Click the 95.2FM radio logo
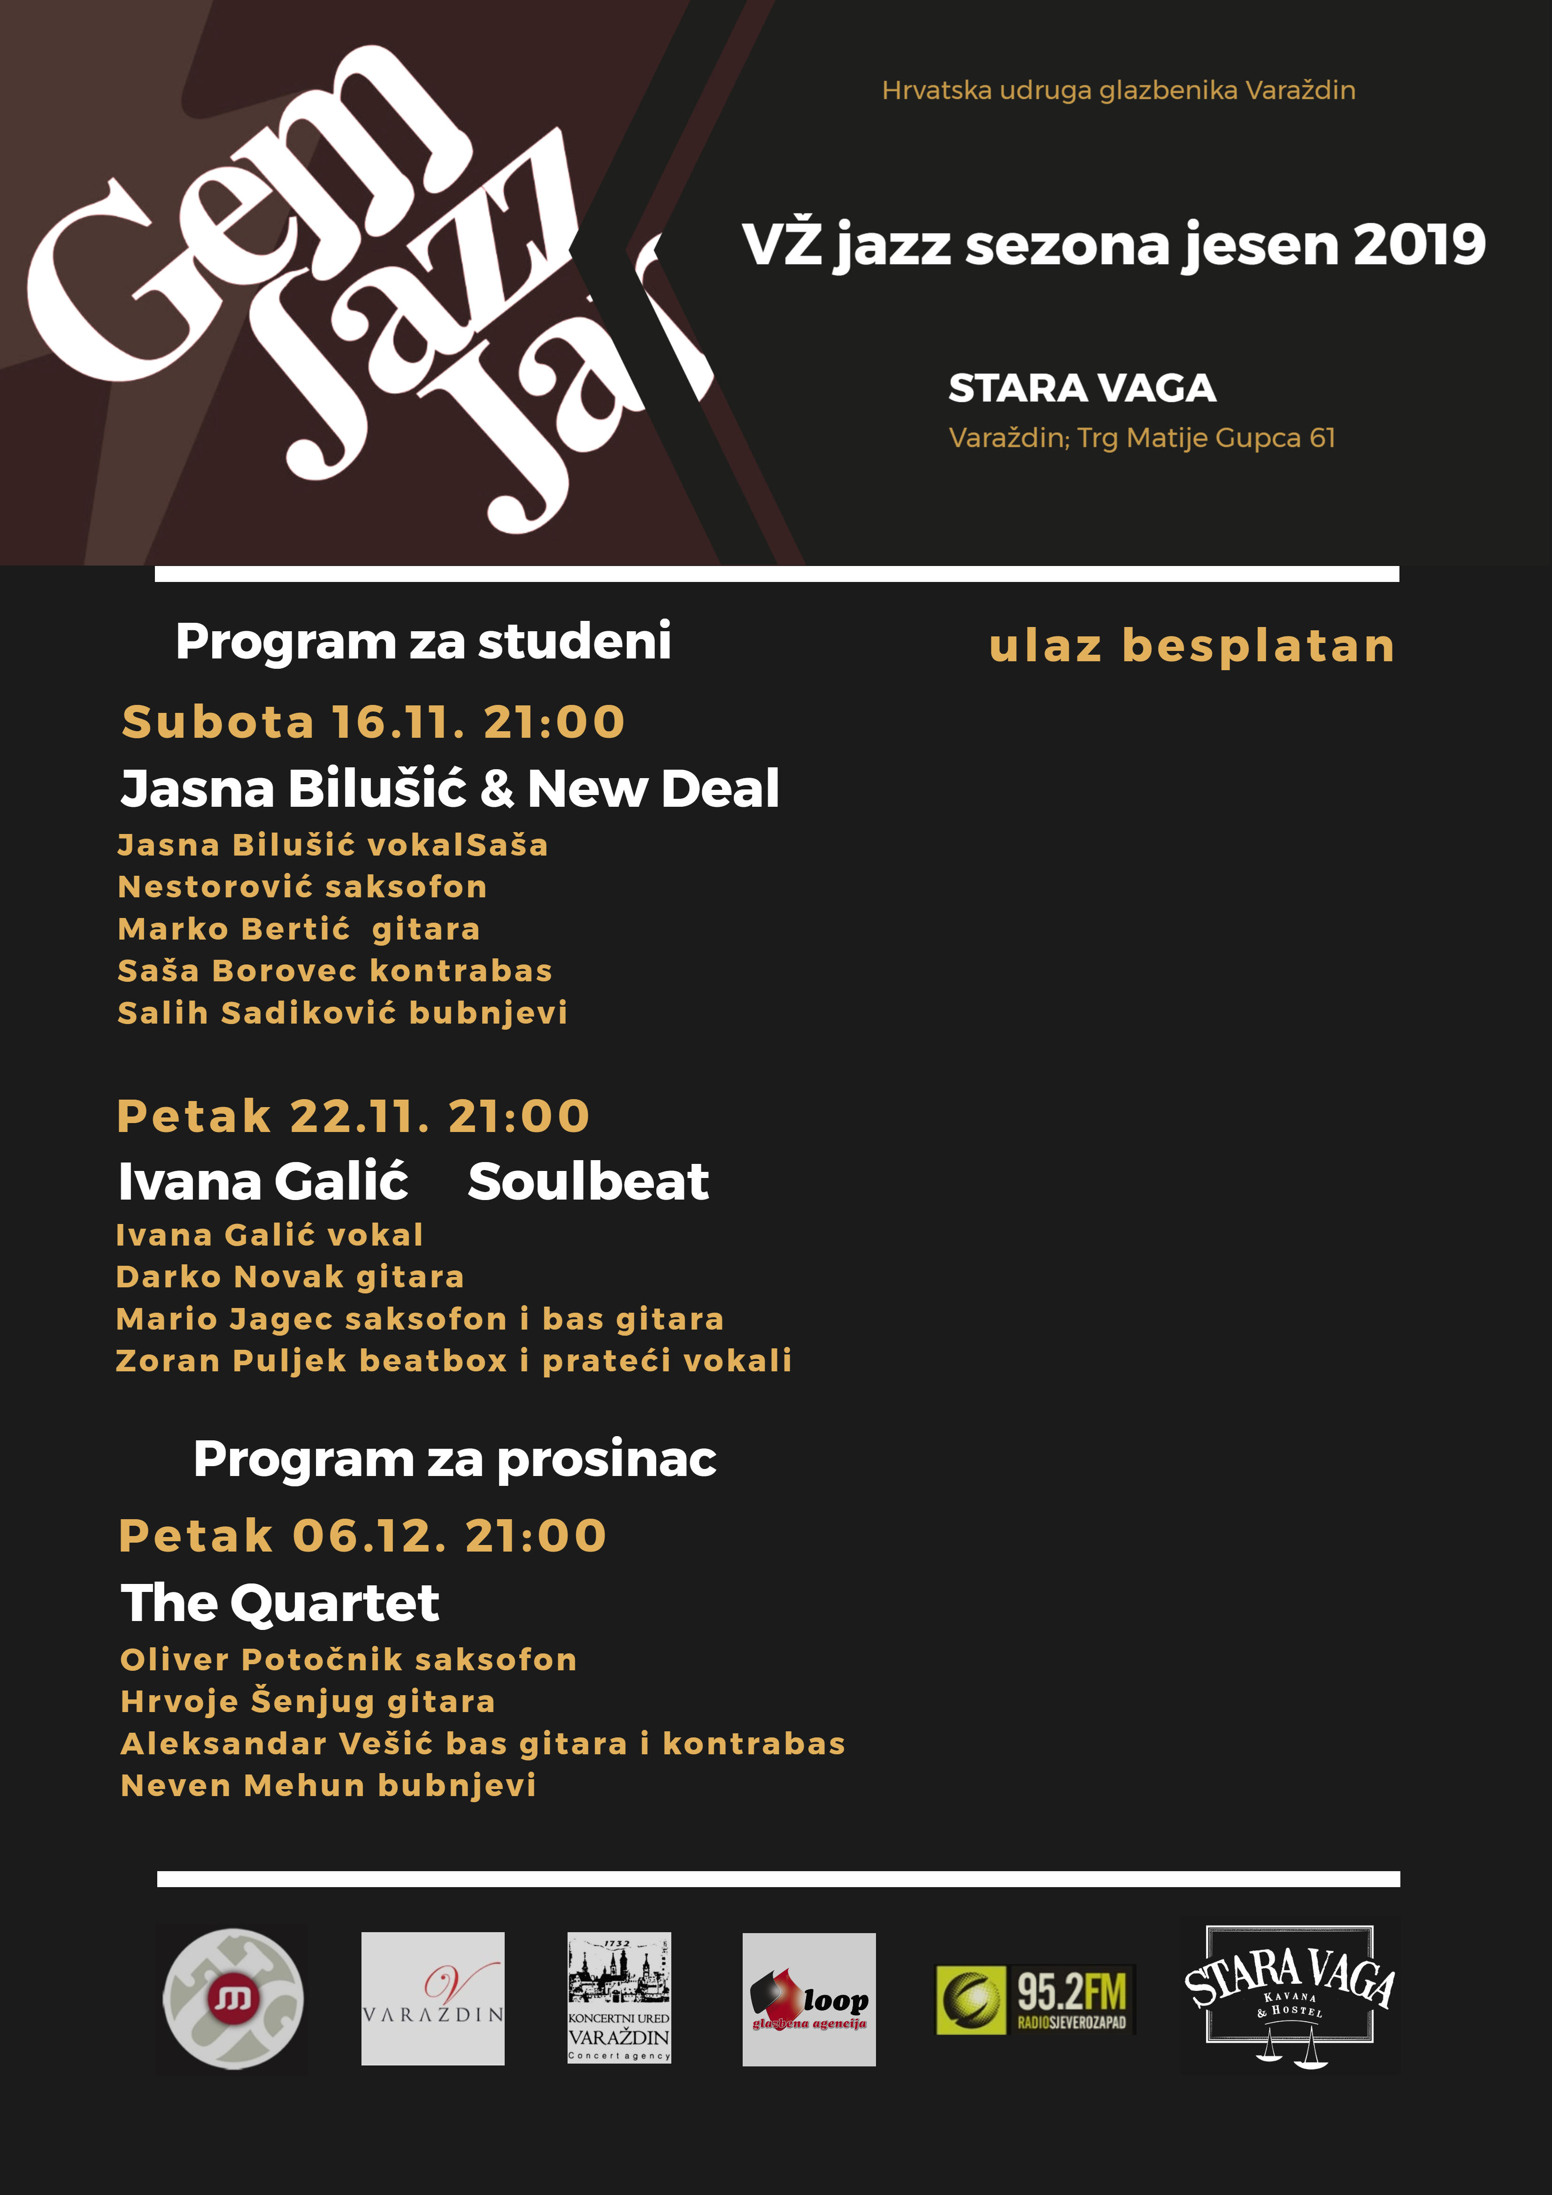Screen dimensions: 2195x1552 click(1035, 1999)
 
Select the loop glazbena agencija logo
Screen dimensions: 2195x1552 click(809, 1999)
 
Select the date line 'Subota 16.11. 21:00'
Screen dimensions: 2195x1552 click(373, 722)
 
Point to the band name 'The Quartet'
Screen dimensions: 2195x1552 click(279, 1603)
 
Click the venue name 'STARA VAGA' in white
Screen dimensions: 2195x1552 click(1082, 388)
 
